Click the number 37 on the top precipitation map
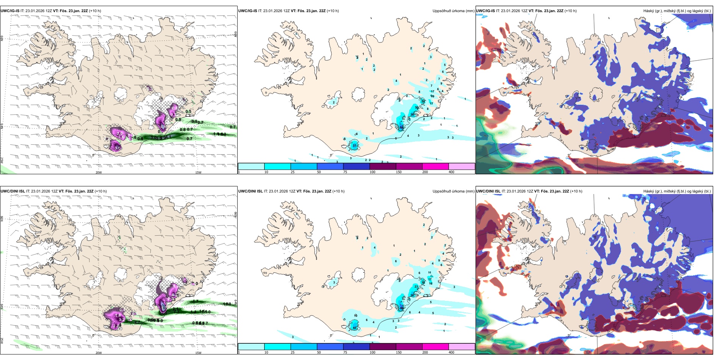point(355,146)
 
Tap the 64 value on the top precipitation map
point(401,128)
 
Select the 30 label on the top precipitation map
point(417,108)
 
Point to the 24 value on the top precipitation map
point(423,101)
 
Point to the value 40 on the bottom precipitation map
point(355,328)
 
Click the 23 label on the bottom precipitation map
point(416,286)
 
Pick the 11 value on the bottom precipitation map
point(429,272)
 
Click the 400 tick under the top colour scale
point(451,172)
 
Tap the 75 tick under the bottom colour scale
point(345,352)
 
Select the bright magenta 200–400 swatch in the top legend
point(435,166)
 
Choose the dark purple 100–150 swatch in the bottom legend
point(383,347)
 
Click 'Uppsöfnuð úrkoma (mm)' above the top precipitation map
point(453,11)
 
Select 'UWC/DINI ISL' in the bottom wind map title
point(13,191)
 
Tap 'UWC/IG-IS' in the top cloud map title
point(485,11)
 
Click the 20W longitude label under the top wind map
point(99,172)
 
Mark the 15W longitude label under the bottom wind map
point(198,353)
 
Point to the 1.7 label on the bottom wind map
point(196,301)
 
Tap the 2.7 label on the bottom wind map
point(137,322)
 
